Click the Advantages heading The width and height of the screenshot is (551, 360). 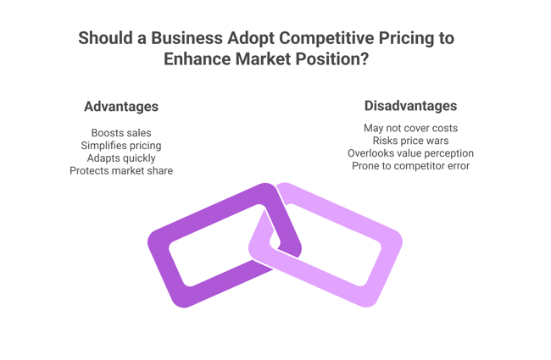[120, 107]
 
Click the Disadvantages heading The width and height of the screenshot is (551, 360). [410, 106]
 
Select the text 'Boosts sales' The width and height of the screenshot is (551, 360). [121, 133]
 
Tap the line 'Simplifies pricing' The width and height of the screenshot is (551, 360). [121, 146]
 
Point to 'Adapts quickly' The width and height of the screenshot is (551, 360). [121, 158]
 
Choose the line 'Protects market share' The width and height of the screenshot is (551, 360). [121, 171]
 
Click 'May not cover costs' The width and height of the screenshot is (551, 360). [410, 128]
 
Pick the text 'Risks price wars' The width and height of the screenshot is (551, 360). [410, 141]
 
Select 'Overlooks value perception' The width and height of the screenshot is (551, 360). [410, 153]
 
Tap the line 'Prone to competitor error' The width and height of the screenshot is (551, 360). [410, 166]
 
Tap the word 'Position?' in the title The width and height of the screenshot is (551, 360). [333, 60]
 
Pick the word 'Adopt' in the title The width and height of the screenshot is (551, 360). [253, 39]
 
